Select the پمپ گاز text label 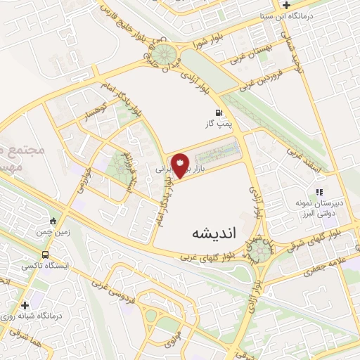click(x=219, y=124)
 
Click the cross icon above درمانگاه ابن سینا click(x=306, y=5)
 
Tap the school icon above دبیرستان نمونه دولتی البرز click(x=319, y=191)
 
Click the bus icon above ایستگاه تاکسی click(x=46, y=255)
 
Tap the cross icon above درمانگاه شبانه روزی click(x=26, y=305)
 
